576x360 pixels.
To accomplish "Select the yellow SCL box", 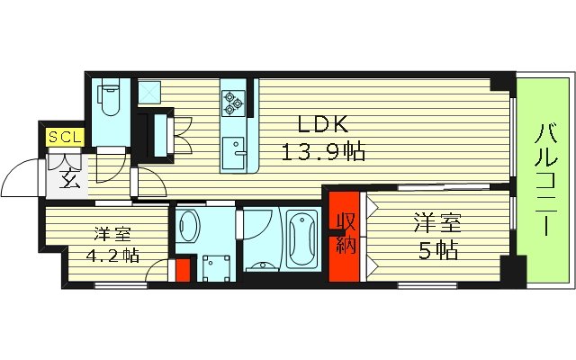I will coord(65,137).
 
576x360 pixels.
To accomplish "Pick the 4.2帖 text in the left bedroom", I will coord(112,254).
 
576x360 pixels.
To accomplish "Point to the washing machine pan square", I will coord(215,268).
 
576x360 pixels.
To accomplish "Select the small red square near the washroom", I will coord(183,268).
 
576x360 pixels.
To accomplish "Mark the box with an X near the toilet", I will coord(148,92).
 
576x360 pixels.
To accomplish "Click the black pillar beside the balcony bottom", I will coord(513,269).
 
